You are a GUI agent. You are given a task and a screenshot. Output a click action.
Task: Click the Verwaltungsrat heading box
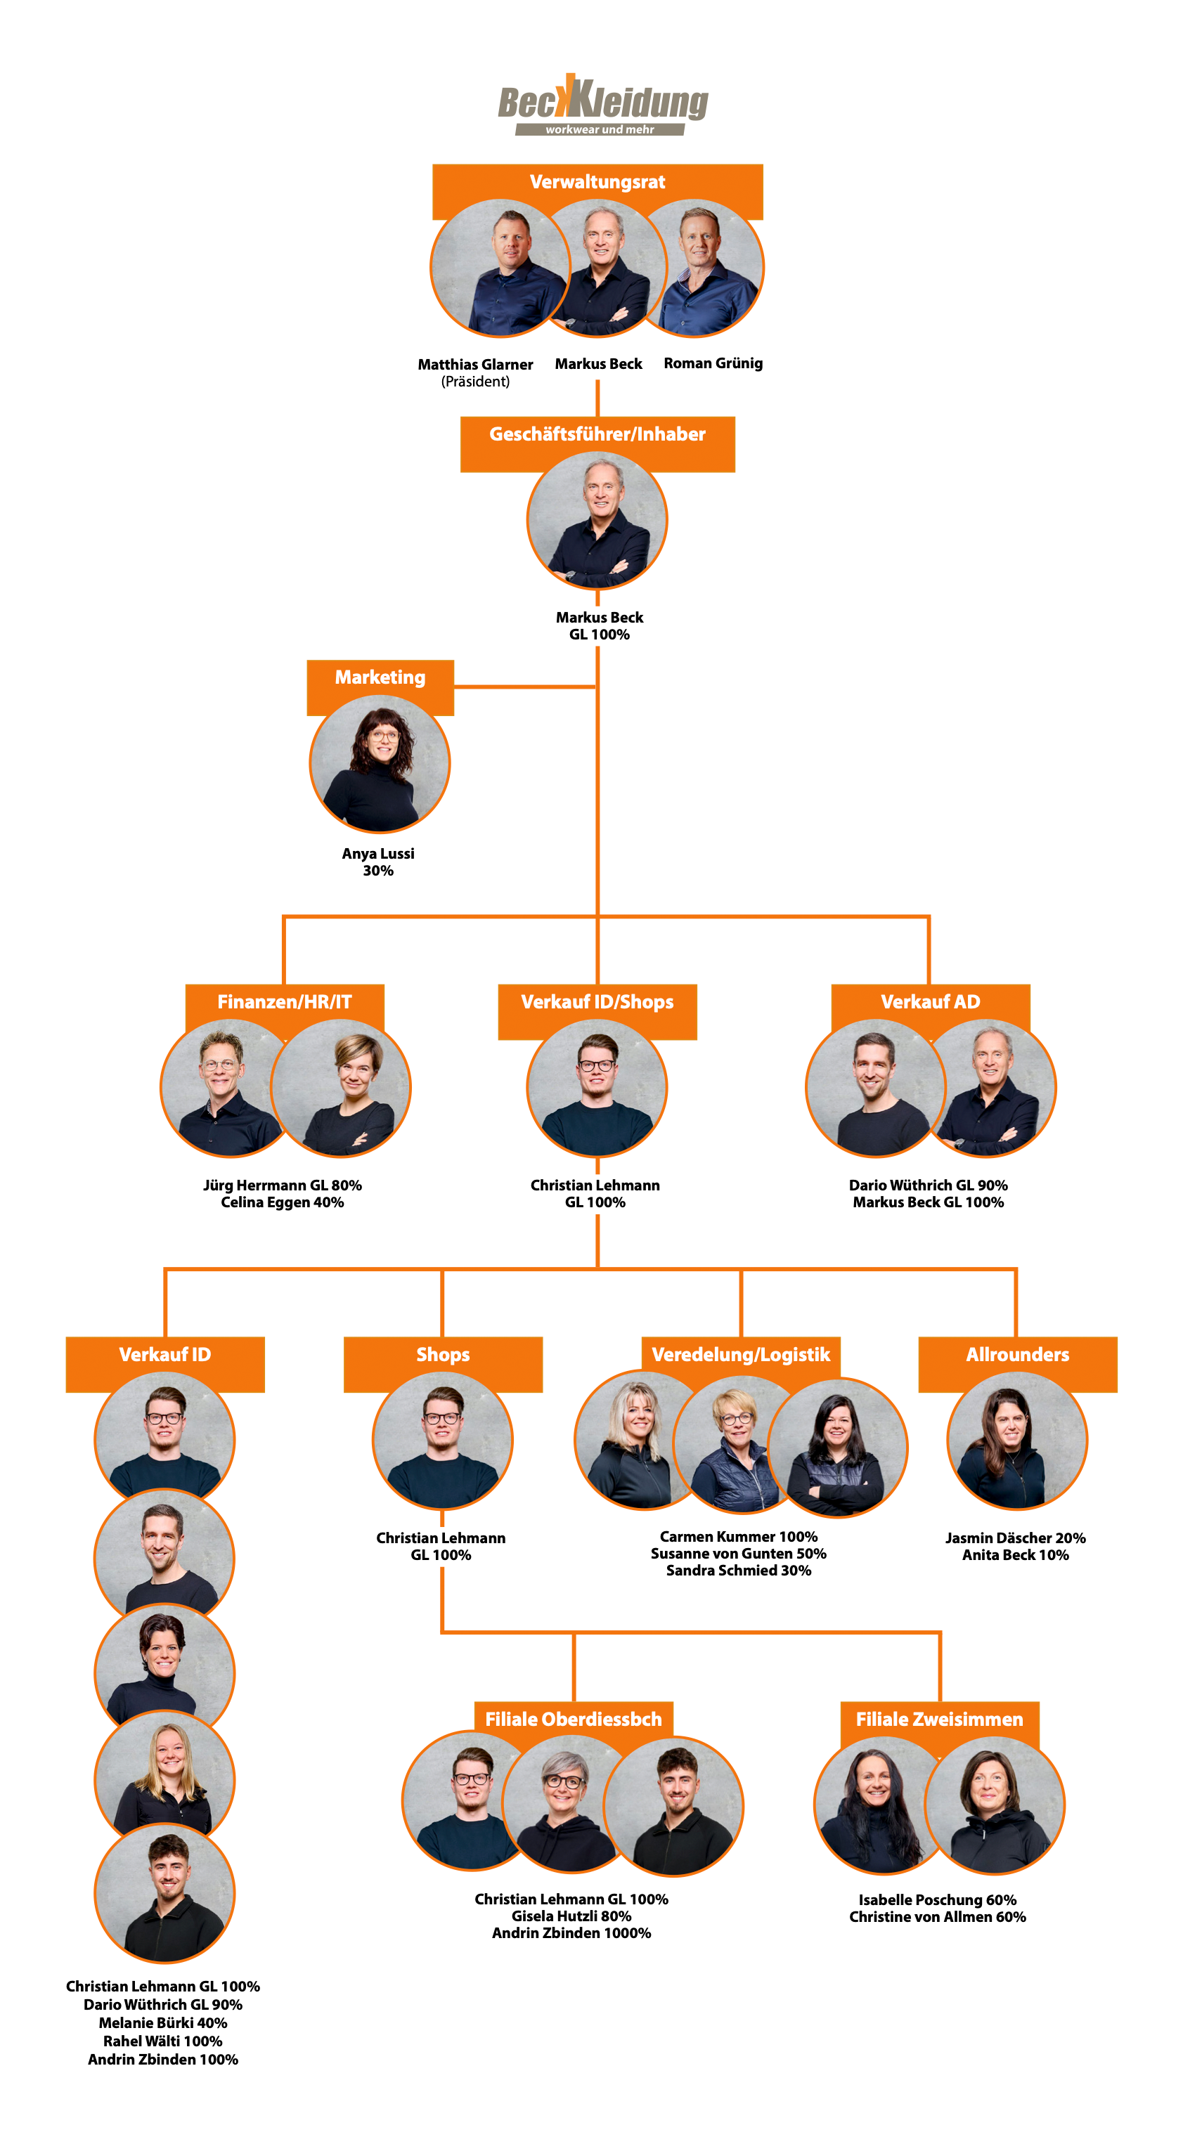coord(597,182)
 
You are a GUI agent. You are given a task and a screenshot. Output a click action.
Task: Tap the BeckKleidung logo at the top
coord(602,106)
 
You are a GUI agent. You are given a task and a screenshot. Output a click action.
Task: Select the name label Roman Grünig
coord(713,363)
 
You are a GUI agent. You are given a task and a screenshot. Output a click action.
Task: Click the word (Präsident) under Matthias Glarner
coord(475,382)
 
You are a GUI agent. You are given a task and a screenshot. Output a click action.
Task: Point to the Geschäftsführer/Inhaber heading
coord(597,434)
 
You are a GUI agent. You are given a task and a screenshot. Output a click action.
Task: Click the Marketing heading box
coord(380,677)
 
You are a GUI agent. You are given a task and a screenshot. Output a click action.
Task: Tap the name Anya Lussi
coord(377,853)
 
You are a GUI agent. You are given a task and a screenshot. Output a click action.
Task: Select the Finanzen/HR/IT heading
coord(284,1002)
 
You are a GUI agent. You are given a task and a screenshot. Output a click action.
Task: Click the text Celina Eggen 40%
coord(283,1202)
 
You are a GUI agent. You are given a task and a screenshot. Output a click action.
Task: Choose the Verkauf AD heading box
coord(930,1002)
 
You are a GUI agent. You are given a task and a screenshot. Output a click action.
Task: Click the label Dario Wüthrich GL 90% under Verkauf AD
coord(928,1185)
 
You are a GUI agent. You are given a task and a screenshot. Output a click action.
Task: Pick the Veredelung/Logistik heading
coord(740,1354)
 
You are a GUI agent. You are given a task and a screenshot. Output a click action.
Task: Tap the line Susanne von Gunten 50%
coord(739,1553)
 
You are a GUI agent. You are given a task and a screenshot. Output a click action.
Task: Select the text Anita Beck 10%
coord(1015,1555)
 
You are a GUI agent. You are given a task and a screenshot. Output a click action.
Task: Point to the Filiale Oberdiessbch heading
coord(573,1720)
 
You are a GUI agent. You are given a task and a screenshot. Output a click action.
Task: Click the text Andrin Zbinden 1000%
coord(571,1933)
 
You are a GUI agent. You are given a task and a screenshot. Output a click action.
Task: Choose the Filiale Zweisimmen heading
coord(939,1720)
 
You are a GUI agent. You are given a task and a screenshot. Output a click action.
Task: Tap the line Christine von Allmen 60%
coord(938,1917)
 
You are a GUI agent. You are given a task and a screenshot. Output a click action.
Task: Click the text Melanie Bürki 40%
coord(163,2023)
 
